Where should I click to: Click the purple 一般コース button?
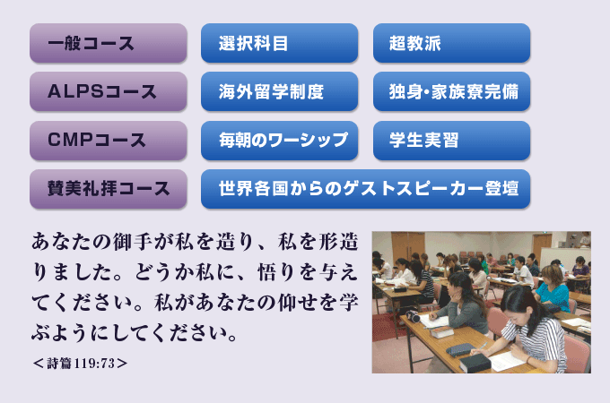coord(109,43)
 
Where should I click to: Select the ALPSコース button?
coord(109,91)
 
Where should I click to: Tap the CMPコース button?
coord(109,141)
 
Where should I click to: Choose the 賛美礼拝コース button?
coord(109,189)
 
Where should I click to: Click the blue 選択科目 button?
coord(279,43)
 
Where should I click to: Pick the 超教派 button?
coord(451,43)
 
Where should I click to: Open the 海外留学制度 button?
coord(279,91)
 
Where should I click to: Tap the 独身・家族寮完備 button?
coord(451,91)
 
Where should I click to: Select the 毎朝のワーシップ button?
coord(279,141)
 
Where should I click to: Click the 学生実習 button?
coord(451,141)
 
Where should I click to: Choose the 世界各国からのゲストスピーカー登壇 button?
coord(366,189)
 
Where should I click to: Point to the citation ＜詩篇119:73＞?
coord(80,364)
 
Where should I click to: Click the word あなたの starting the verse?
coord(71,241)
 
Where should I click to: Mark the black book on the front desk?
coord(475,362)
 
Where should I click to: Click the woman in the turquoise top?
coord(553,288)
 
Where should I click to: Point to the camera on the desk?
coord(414,316)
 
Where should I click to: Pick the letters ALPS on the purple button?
coord(75,91)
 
